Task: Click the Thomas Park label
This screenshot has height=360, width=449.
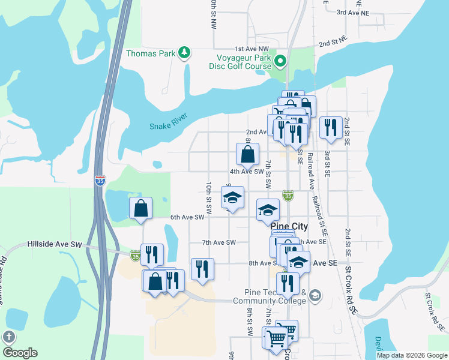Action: (x=151, y=53)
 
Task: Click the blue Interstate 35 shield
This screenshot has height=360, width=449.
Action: (x=99, y=181)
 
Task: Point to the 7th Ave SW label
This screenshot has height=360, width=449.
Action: (x=219, y=242)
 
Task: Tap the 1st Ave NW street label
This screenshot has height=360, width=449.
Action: (x=252, y=49)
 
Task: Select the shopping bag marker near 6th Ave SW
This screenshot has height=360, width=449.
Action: (x=140, y=209)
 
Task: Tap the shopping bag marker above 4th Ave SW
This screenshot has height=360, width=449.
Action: (x=247, y=155)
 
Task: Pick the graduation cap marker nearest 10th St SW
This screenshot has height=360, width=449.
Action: (x=232, y=197)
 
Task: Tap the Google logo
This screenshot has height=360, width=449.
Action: (x=20, y=353)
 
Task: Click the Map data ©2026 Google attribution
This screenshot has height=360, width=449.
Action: (x=412, y=355)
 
